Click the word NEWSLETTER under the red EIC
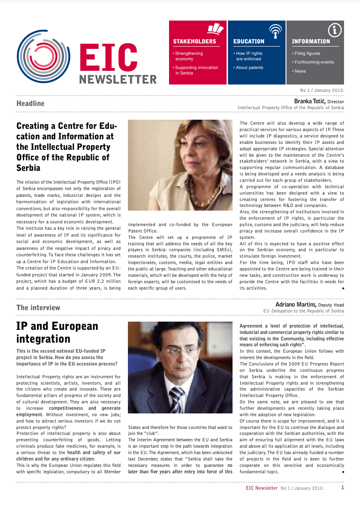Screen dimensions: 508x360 tap(118, 79)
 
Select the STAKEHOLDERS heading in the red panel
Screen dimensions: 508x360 tap(194, 42)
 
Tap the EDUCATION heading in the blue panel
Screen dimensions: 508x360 tap(249, 42)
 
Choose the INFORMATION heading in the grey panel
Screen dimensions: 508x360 tap(311, 42)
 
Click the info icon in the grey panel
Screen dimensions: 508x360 tap(335, 31)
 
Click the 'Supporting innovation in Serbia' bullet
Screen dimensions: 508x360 tap(196, 70)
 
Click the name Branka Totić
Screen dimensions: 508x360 tap(309, 101)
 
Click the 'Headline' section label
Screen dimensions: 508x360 tap(31, 103)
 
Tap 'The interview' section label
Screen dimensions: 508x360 tap(38, 307)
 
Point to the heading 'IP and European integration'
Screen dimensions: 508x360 tap(57, 332)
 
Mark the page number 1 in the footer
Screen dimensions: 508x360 tap(343, 487)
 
